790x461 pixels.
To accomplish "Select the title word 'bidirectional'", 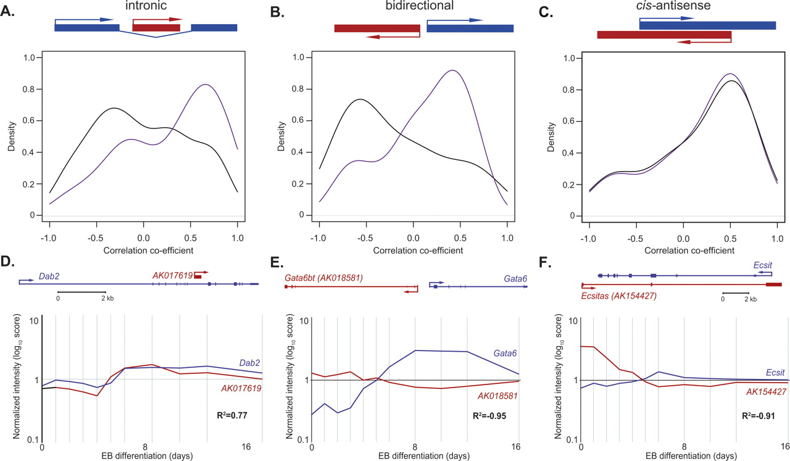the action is pos(419,6).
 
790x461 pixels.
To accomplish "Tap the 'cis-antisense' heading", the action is pos(673,5).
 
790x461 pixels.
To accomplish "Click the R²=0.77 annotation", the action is pos(231,415).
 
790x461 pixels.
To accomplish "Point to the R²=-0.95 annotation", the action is pos(489,415).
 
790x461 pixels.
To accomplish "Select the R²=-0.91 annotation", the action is pos(759,415).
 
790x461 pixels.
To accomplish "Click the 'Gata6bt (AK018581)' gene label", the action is pos(323,278).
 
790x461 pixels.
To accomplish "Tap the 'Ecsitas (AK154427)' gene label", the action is pos(618,296).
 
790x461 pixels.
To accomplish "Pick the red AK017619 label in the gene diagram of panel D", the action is pos(172,275).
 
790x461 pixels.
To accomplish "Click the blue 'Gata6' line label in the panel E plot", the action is pos(505,353).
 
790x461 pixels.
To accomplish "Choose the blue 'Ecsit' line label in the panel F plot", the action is pos(775,373).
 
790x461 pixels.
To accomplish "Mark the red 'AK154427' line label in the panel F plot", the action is pos(766,392).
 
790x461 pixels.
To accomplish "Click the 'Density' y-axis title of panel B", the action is pos(281,136).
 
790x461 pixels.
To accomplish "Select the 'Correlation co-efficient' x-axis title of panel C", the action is pos(689,251).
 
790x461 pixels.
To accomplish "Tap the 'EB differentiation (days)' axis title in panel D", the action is pos(147,455).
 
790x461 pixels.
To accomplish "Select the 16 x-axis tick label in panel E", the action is pos(515,447).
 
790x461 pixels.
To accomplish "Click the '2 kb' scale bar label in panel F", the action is pos(750,299).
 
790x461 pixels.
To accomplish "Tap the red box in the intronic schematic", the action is pos(156,28).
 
